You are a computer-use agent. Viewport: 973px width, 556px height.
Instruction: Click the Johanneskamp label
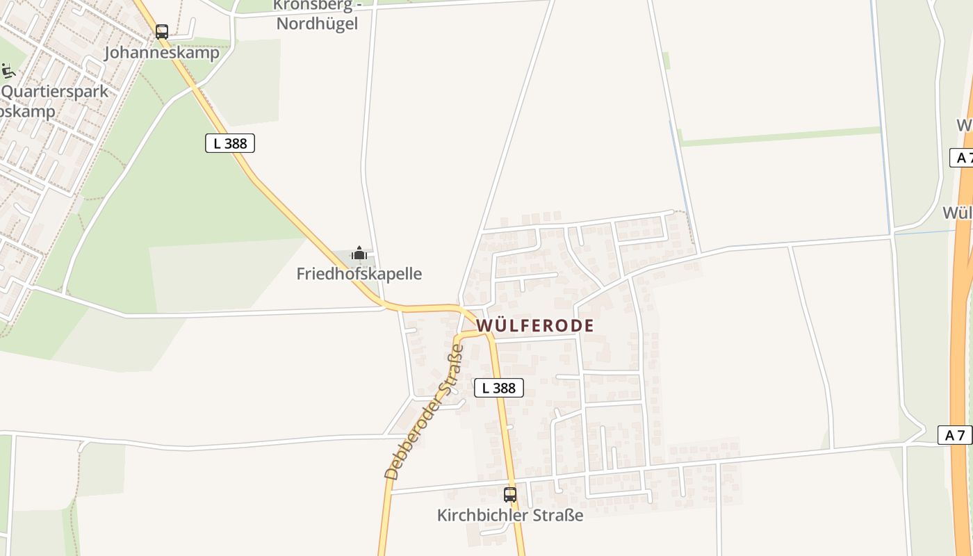[161, 53]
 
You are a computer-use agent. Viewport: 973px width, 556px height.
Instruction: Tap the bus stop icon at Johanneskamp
[162, 31]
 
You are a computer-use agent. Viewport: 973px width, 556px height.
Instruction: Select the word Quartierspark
[56, 92]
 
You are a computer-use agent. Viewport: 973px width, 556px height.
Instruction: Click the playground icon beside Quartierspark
[8, 71]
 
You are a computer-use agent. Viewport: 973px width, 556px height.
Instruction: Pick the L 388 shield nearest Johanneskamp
[230, 144]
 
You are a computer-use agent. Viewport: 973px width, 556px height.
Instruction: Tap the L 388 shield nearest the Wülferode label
[498, 388]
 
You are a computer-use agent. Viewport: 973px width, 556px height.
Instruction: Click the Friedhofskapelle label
[359, 274]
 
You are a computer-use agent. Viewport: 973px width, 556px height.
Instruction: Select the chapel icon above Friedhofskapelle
[359, 253]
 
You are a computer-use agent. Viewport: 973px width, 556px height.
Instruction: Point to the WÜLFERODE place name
[535, 325]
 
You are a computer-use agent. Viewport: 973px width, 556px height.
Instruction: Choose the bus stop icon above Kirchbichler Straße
[510, 495]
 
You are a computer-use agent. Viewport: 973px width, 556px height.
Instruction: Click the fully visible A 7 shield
[955, 436]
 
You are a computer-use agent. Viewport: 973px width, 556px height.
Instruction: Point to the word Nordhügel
[317, 24]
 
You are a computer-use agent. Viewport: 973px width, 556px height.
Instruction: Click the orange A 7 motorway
[962, 313]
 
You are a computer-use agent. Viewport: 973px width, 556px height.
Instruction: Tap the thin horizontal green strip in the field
[778, 137]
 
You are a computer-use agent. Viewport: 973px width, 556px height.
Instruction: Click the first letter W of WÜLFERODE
[484, 325]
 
